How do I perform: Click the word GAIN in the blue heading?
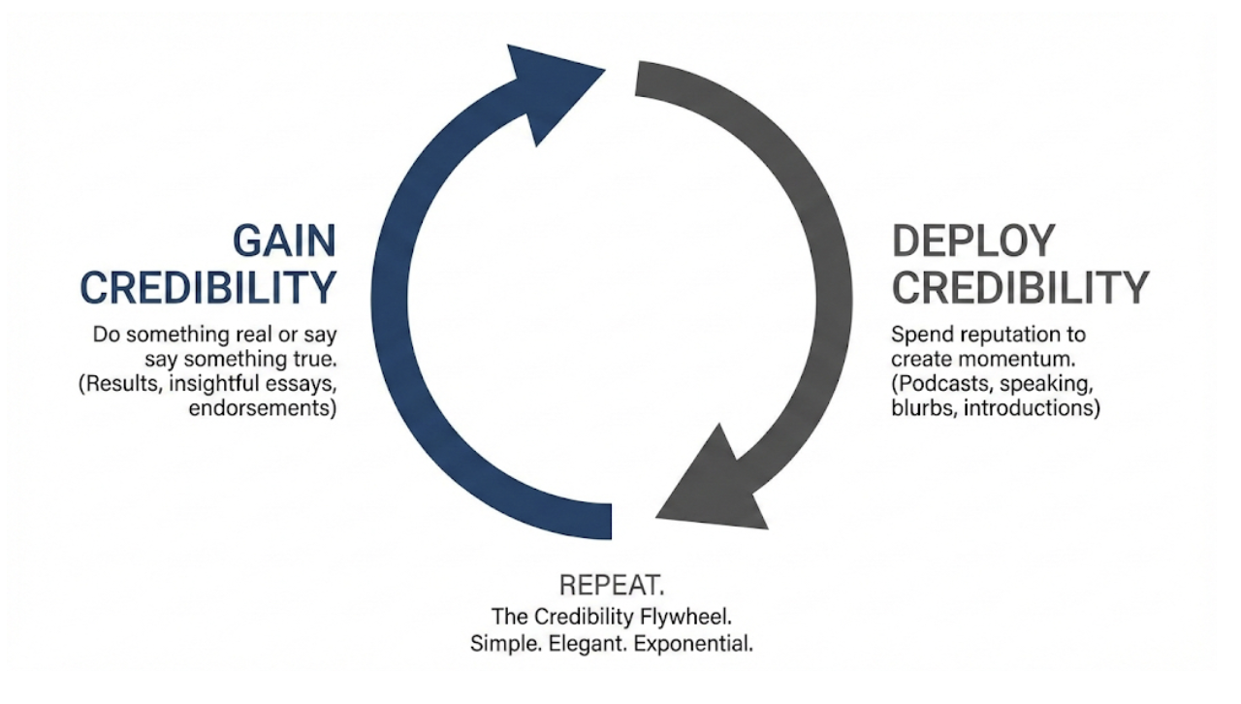coord(283,240)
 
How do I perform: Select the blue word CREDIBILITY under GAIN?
coord(207,288)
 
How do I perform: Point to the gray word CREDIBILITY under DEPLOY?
coord(1020,288)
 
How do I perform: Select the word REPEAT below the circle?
coord(611,587)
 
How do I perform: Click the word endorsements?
coord(263,408)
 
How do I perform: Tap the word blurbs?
coord(920,408)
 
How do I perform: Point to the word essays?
coord(301,384)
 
